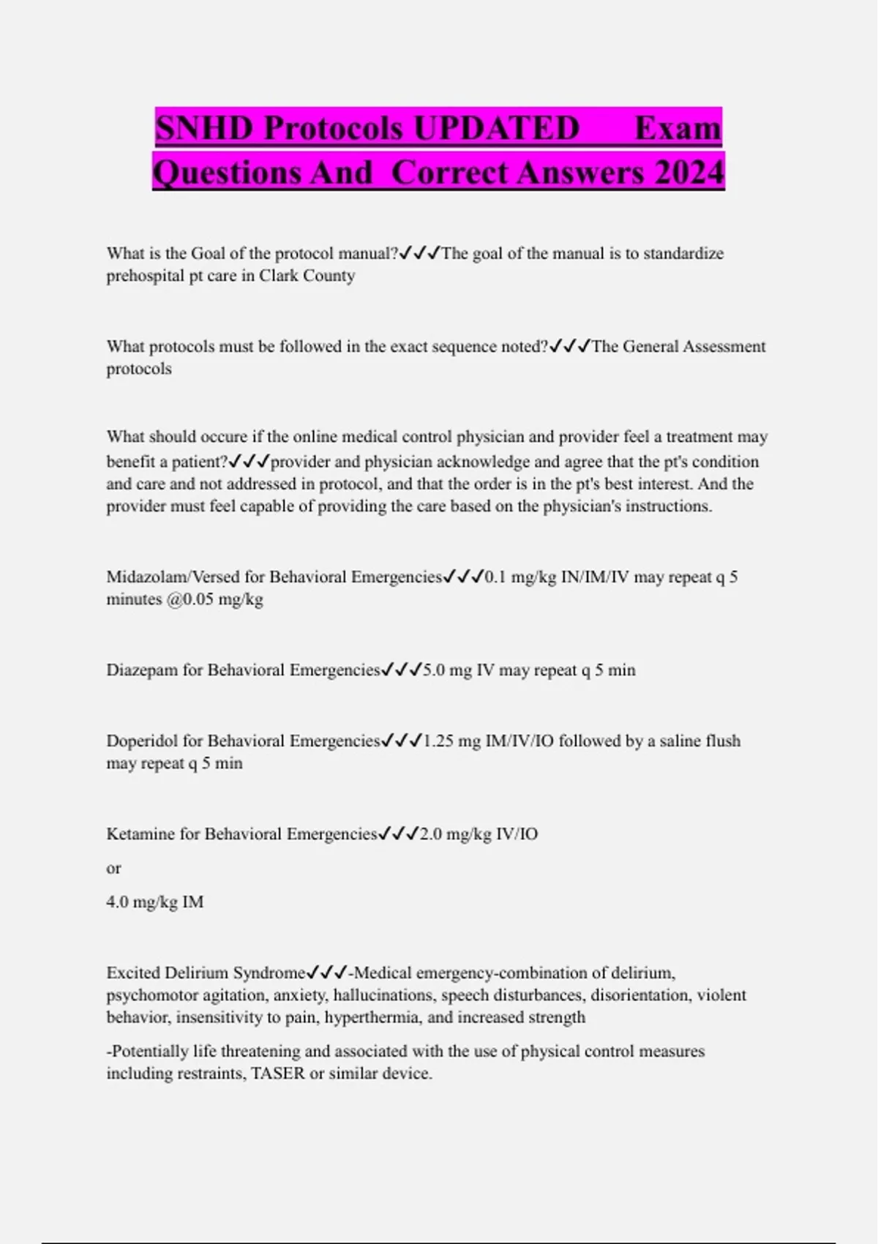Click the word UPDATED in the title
(x=495, y=128)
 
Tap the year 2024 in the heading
(x=688, y=173)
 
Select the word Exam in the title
(x=678, y=128)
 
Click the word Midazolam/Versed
(x=173, y=577)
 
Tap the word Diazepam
(x=142, y=670)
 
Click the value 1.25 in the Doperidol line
(x=438, y=741)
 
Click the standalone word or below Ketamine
(x=113, y=869)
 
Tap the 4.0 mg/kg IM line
(x=155, y=902)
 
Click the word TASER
(x=278, y=1073)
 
